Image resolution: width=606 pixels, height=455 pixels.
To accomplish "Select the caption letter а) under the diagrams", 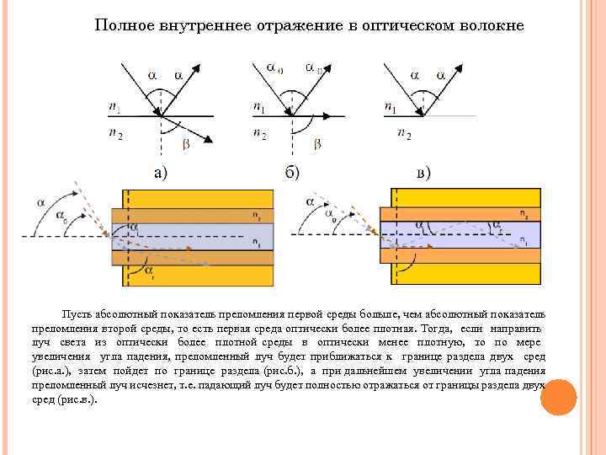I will (159, 174).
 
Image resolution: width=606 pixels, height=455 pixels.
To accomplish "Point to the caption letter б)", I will (291, 174).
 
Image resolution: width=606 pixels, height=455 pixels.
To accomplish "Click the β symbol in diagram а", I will (186, 144).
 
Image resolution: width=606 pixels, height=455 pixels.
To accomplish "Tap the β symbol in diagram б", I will (316, 144).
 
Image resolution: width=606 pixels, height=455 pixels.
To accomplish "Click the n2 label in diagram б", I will (260, 133).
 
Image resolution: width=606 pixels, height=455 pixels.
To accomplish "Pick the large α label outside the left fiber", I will (42, 202).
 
